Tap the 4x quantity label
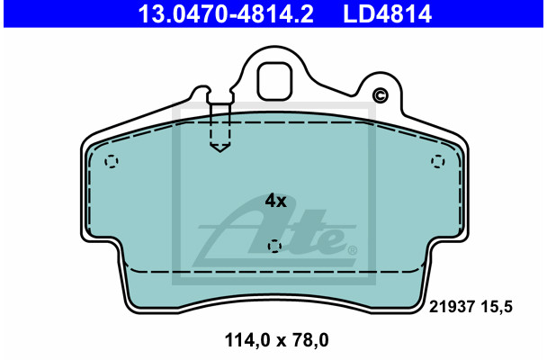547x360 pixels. point(274,201)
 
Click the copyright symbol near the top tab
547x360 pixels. point(380,96)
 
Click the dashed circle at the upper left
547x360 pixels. point(112,162)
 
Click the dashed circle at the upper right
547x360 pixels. point(438,161)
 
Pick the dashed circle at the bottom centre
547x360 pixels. point(275,246)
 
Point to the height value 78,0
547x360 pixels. point(309,341)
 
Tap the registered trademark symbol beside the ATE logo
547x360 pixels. point(352,249)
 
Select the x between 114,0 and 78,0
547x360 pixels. point(275,342)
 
